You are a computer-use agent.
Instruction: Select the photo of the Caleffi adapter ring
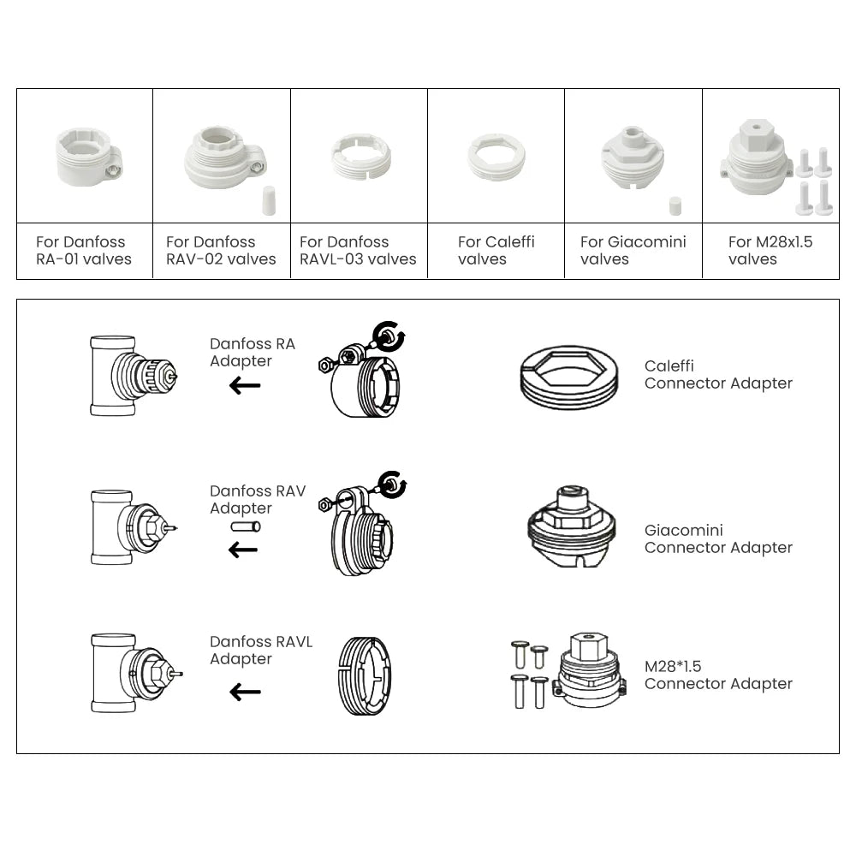pyautogui.click(x=496, y=157)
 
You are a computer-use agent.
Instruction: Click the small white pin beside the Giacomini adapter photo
pyautogui.click(x=674, y=206)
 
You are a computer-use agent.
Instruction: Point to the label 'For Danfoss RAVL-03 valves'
pyautogui.click(x=358, y=251)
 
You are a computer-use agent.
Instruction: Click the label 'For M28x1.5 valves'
pyautogui.click(x=770, y=251)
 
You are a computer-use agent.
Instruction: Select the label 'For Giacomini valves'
pyautogui.click(x=633, y=251)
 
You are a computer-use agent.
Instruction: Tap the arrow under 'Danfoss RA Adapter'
pyautogui.click(x=245, y=386)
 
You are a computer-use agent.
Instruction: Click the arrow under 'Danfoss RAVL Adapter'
pyautogui.click(x=245, y=692)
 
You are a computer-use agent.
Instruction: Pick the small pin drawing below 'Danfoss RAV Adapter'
pyautogui.click(x=245, y=527)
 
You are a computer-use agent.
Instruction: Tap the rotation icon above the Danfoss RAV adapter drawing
pyautogui.click(x=393, y=483)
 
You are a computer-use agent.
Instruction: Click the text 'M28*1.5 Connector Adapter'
pyautogui.click(x=717, y=675)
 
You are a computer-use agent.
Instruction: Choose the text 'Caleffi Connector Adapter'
pyautogui.click(x=717, y=375)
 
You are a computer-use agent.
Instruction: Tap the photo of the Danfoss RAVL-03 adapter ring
pyautogui.click(x=360, y=156)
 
